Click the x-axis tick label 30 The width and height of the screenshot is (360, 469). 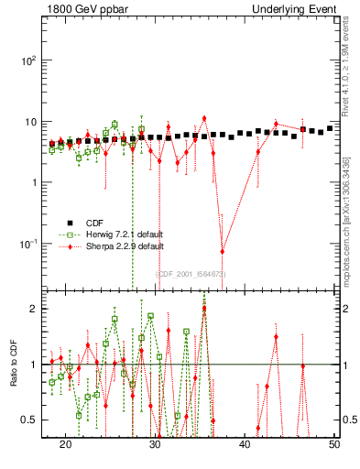pyautogui.click(x=156, y=442)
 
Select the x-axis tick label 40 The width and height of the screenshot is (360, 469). pyautogui.click(x=245, y=442)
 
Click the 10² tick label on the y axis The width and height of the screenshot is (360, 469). pyautogui.click(x=28, y=60)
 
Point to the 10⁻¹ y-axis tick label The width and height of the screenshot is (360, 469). pyautogui.click(x=28, y=244)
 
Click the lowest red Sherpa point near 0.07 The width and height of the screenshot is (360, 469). pyautogui.click(x=223, y=251)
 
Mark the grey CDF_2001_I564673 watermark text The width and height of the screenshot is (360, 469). pyautogui.click(x=191, y=274)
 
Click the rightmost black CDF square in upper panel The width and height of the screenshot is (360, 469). pyautogui.click(x=330, y=128)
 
